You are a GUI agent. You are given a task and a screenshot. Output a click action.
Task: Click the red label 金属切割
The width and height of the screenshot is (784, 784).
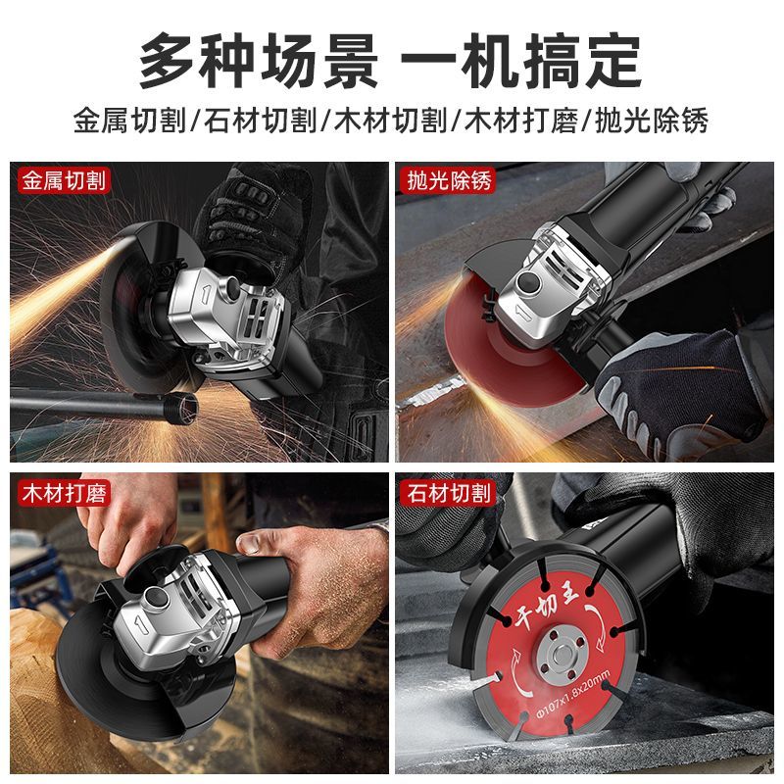pyautogui.click(x=64, y=180)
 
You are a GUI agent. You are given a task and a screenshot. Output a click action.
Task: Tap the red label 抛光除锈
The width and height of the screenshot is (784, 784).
pyautogui.click(x=449, y=180)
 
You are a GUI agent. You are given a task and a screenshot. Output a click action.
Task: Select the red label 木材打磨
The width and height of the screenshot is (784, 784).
pyautogui.click(x=64, y=493)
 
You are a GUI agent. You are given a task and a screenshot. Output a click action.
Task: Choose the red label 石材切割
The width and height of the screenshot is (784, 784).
pyautogui.click(x=449, y=493)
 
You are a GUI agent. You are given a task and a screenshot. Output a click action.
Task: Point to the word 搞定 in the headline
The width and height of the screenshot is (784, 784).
pyautogui.click(x=583, y=61)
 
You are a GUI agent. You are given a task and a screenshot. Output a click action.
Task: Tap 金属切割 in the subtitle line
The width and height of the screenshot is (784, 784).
pyautogui.click(x=130, y=121)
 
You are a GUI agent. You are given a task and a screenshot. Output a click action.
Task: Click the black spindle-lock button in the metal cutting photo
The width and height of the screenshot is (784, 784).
pyautogui.click(x=233, y=286)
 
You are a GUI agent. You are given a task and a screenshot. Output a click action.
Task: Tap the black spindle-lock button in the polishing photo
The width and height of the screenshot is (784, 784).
pyautogui.click(x=529, y=282)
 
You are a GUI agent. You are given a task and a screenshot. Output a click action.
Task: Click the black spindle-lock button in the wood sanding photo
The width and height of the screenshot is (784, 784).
pyautogui.click(x=154, y=598)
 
